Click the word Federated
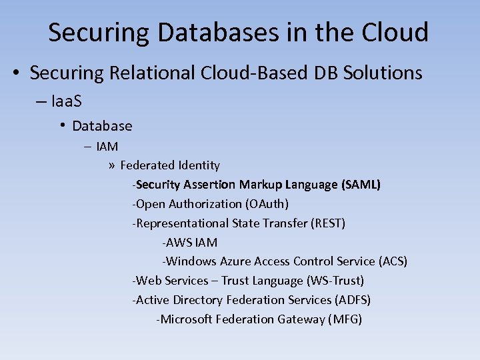coord(143,165)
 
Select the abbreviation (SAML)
coord(361,184)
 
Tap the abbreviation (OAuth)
coord(267,203)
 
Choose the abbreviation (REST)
coord(327,223)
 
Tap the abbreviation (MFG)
coord(345,319)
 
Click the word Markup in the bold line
coord(261,184)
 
